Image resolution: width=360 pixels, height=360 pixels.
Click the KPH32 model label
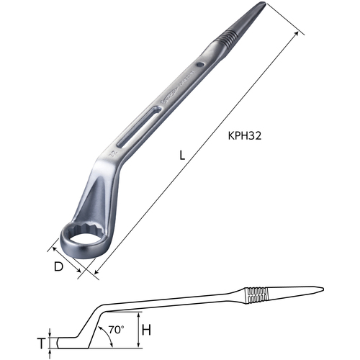[x=245, y=136]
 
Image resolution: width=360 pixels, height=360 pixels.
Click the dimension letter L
[x=182, y=156]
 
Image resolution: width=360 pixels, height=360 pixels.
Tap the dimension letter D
[x=58, y=266]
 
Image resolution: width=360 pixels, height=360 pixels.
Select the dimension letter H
[x=146, y=330]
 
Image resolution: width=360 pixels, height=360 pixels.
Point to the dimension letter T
[x=42, y=343]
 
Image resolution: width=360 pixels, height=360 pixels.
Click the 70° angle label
[x=116, y=330]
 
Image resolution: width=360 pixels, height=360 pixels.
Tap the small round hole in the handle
[x=199, y=65]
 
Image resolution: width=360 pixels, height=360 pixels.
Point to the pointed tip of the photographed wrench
[x=264, y=3]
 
